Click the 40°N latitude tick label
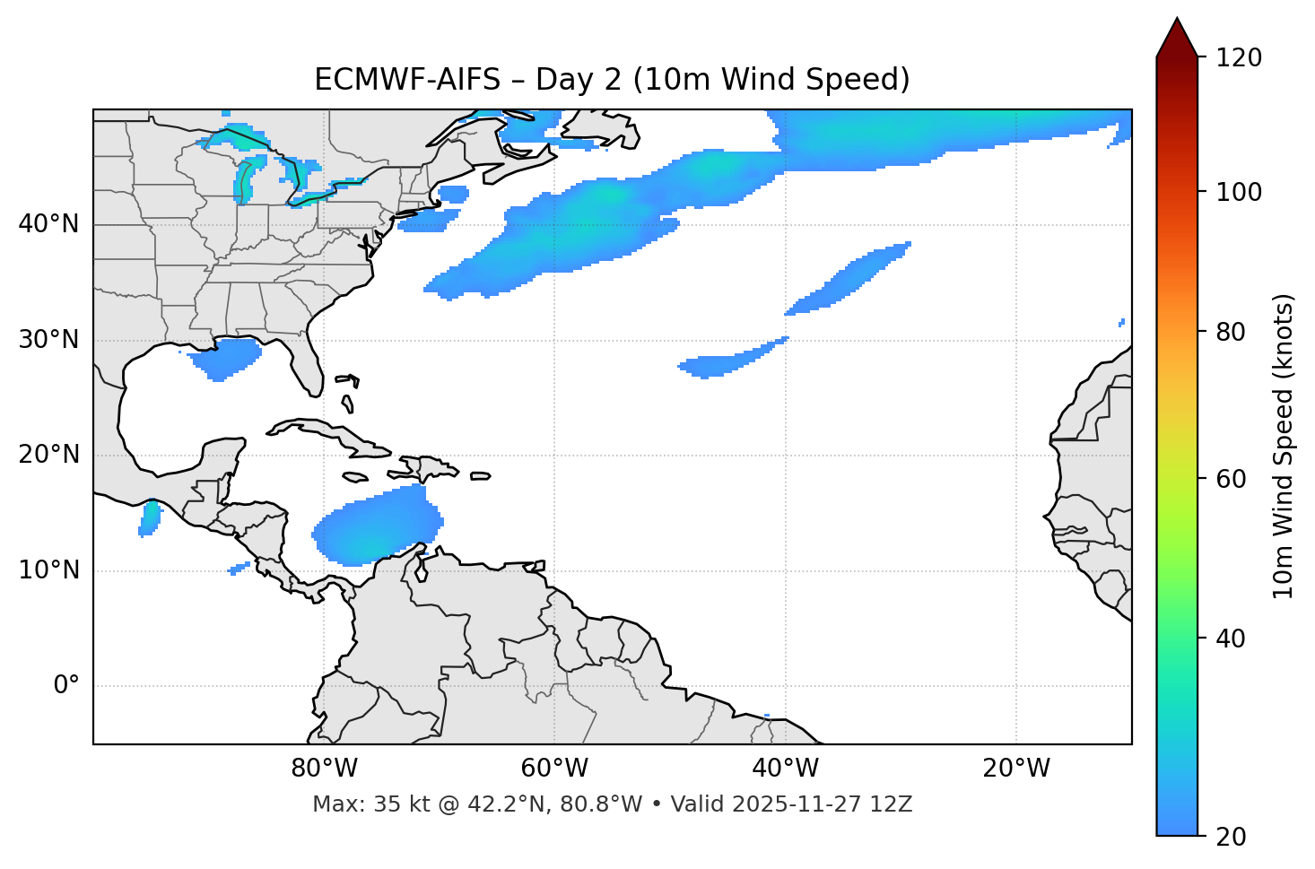pos(48,224)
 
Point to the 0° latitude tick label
pos(66,686)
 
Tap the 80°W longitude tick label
pos(324,769)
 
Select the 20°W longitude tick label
pos(1016,769)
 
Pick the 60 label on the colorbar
pos(1231,479)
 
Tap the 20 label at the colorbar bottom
pos(1231,837)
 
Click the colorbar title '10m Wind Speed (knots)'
pos(1284,446)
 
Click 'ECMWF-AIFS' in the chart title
pos(407,80)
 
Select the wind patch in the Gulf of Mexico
pos(224,358)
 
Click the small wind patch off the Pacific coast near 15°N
pos(150,517)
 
